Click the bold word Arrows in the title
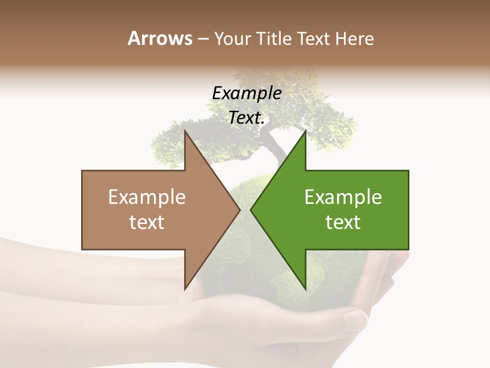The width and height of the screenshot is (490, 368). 160,38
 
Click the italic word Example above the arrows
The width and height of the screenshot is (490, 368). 247,94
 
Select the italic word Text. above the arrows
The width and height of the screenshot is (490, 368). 247,118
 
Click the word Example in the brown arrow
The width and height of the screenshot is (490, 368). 147,197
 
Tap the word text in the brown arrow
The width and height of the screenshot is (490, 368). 147,222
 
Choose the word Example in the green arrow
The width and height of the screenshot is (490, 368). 343,197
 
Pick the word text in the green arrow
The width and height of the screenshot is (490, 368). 343,222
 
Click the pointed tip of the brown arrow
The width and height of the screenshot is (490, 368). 239,210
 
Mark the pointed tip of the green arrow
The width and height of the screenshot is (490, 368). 251,210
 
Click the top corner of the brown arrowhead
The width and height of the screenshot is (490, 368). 185,131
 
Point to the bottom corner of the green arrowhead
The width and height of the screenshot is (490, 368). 305,289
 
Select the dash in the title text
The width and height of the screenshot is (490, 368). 203,39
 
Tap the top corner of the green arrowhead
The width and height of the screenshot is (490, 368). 305,131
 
